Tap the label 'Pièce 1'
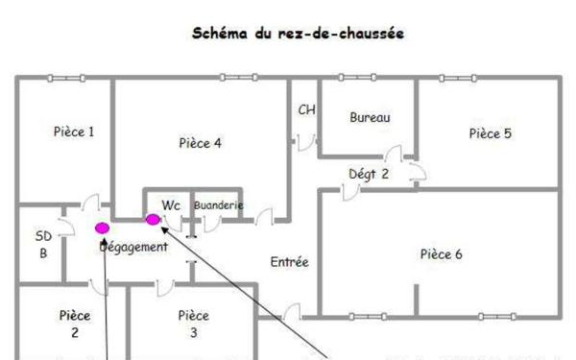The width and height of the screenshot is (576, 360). pyautogui.click(x=73, y=132)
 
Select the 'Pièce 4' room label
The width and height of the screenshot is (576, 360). pyautogui.click(x=201, y=143)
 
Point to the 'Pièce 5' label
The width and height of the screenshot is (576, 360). pyautogui.click(x=490, y=133)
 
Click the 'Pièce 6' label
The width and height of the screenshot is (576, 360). pyautogui.click(x=442, y=254)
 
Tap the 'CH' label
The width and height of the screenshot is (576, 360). pyautogui.click(x=306, y=109)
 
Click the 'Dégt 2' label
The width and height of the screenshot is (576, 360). pyautogui.click(x=369, y=174)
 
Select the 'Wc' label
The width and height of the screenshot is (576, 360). pyautogui.click(x=172, y=204)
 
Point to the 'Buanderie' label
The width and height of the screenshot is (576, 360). pyautogui.click(x=218, y=205)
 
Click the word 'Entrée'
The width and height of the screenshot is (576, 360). pyautogui.click(x=289, y=261)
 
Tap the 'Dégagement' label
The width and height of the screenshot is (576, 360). pyautogui.click(x=134, y=247)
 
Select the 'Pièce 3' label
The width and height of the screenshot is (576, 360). pyautogui.click(x=193, y=324)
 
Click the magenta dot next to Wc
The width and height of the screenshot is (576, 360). pyautogui.click(x=152, y=219)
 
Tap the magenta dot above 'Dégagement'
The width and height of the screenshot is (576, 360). pyautogui.click(x=102, y=228)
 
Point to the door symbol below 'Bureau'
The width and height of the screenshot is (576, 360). pyautogui.click(x=393, y=154)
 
